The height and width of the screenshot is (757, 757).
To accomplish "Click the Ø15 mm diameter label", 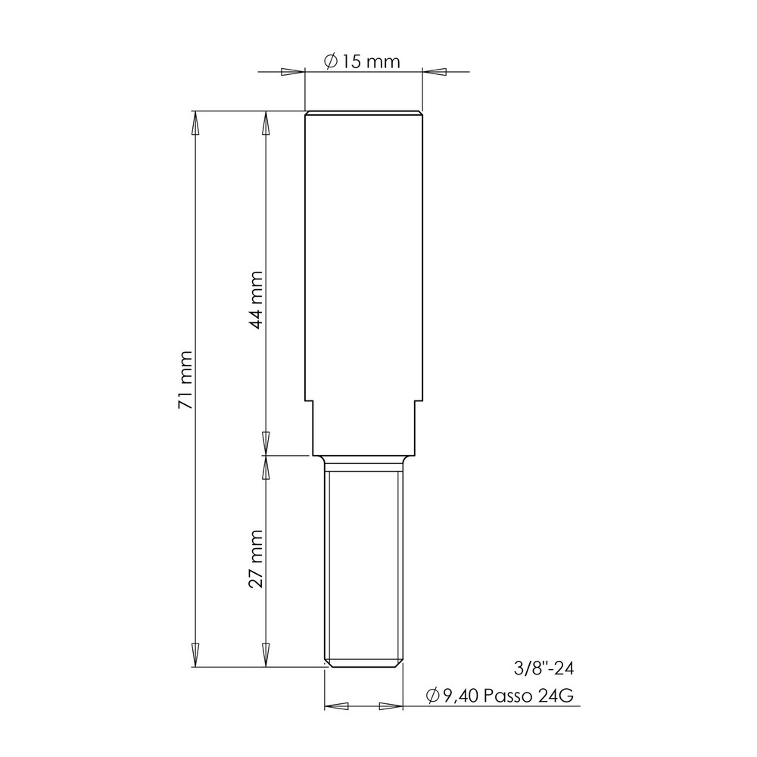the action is [363, 61].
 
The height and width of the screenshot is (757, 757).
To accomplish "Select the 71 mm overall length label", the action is [185, 380].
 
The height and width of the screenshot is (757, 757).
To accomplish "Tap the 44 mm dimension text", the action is [256, 300].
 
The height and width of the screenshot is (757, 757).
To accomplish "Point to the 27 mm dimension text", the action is [256, 559].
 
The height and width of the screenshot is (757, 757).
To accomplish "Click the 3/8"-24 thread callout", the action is [544, 668].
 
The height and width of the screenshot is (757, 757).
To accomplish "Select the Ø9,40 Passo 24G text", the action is [500, 696].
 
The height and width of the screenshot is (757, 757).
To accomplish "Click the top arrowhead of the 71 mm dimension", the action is [195, 123].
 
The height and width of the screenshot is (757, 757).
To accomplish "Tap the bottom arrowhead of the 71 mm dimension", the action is [195, 655].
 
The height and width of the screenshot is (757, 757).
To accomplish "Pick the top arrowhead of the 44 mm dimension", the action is [265, 123].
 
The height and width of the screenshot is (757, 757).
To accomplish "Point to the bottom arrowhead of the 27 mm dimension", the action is [265, 655].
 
